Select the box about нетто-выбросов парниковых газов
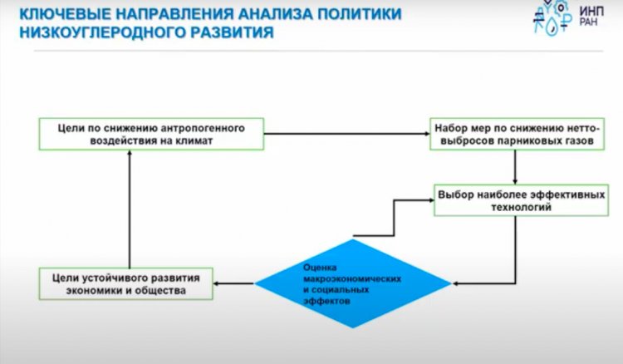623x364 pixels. pos(518,135)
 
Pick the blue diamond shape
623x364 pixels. pos(352,283)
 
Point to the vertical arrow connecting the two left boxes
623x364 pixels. pos(130,208)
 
